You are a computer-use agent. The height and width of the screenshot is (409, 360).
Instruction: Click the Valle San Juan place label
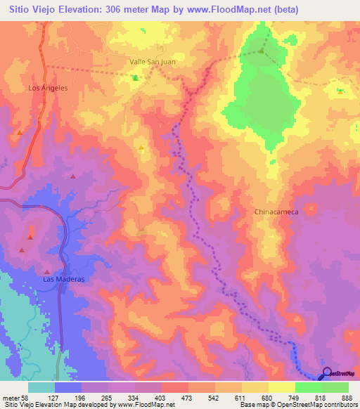[x=153, y=62]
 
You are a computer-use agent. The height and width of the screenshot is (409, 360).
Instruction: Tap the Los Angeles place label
[x=48, y=89]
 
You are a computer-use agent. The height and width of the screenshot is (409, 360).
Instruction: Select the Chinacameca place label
[x=277, y=211]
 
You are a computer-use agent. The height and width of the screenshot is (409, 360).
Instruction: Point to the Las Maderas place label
[x=64, y=279]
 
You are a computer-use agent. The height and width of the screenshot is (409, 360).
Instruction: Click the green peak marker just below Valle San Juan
[x=135, y=77]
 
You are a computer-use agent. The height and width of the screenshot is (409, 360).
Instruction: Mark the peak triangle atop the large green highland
[x=262, y=51]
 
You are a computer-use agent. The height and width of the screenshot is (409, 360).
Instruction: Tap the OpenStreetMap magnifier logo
[x=326, y=372]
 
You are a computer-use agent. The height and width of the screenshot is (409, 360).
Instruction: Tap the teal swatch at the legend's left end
[x=41, y=387]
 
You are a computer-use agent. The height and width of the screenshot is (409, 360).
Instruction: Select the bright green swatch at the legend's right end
[x=335, y=387]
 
